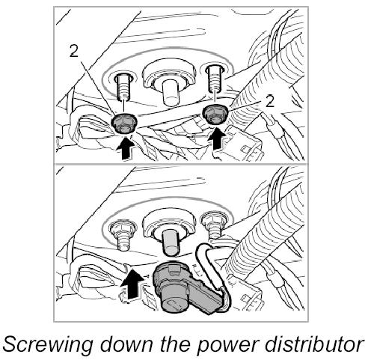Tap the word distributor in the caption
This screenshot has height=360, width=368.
click(x=314, y=344)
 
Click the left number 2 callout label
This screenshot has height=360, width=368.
click(x=74, y=52)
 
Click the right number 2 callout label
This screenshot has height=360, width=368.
click(x=269, y=101)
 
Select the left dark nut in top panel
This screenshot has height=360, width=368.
click(x=124, y=123)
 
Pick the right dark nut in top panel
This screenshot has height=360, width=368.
click(x=215, y=114)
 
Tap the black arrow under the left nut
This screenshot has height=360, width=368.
click(x=126, y=148)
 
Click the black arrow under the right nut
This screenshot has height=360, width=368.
click(x=217, y=140)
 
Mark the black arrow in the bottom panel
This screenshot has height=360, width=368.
click(x=132, y=284)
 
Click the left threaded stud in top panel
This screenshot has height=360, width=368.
click(x=123, y=87)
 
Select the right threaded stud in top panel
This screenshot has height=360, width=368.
click(x=214, y=78)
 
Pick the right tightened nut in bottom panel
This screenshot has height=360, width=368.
click(x=214, y=219)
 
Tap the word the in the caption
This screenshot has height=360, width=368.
click(x=175, y=344)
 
